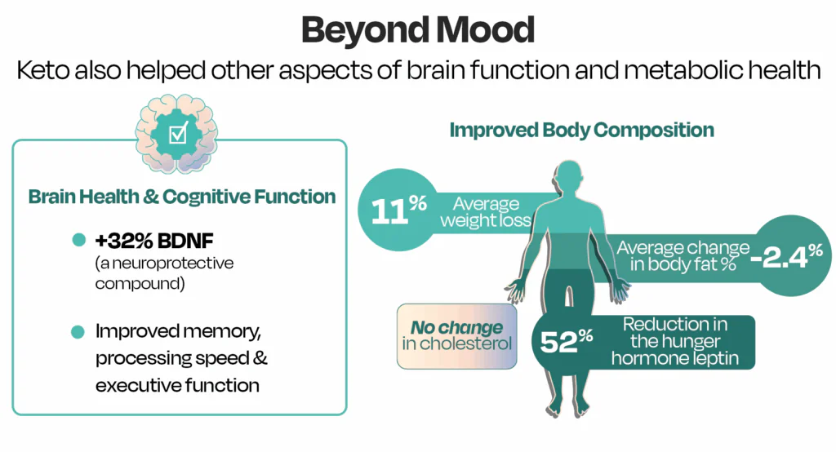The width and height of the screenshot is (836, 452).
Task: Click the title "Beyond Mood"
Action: point(417,30)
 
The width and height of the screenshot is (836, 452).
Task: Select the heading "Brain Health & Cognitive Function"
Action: point(182,197)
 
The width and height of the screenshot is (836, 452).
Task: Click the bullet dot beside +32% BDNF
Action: point(79,240)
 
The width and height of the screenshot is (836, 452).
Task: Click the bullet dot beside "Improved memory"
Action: point(79,332)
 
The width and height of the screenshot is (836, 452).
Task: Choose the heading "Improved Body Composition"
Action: point(582,130)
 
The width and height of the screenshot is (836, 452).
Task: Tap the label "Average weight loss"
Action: point(487,211)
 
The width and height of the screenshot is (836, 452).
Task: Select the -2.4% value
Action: point(786,257)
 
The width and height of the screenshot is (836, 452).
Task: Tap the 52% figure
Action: point(566,343)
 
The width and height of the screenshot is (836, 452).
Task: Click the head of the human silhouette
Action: point(571,179)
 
